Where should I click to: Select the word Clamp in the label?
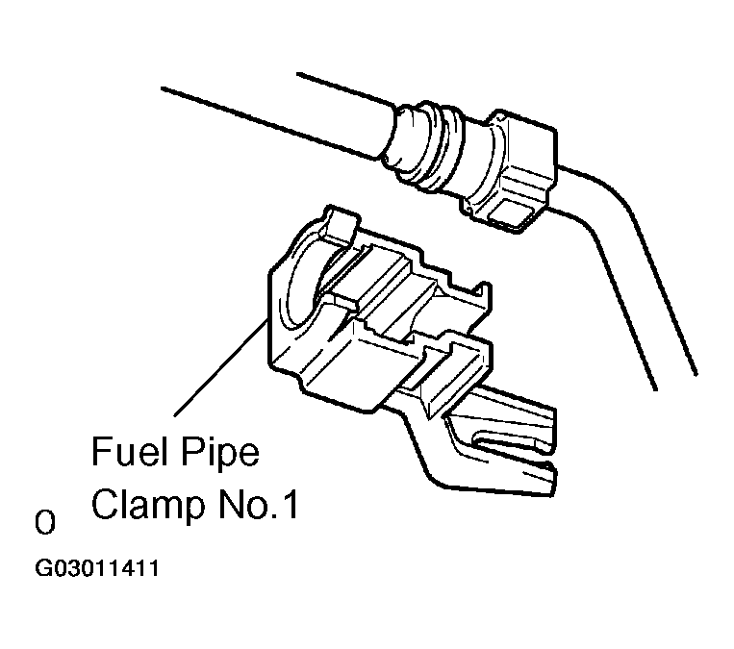coord(148,504)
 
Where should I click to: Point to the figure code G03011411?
coord(97,568)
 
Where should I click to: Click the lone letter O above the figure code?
coord(45,523)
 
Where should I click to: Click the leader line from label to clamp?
coord(220,367)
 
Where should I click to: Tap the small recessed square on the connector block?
coord(510,212)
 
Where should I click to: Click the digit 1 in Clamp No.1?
coord(291,505)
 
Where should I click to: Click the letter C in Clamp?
coord(105,504)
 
